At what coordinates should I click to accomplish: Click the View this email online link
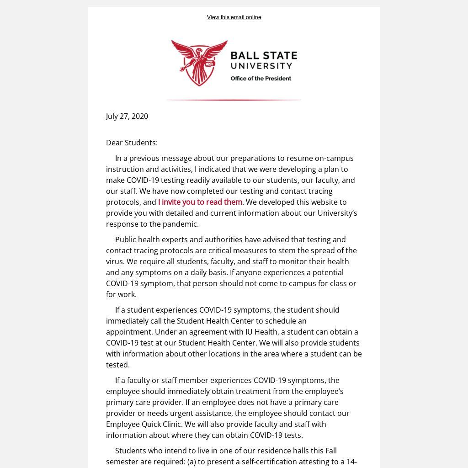pyautogui.click(x=234, y=17)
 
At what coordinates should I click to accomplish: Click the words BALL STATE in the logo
pyautogui.click(x=264, y=56)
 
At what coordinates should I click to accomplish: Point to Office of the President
pyautogui.click(x=261, y=79)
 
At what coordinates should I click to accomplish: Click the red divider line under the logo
pyautogui.click(x=233, y=100)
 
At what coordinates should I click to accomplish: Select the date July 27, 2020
pyautogui.click(x=127, y=116)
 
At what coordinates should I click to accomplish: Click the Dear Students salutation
pyautogui.click(x=132, y=143)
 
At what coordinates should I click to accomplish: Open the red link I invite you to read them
pyautogui.click(x=200, y=202)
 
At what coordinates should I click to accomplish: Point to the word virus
pyautogui.click(x=115, y=261)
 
